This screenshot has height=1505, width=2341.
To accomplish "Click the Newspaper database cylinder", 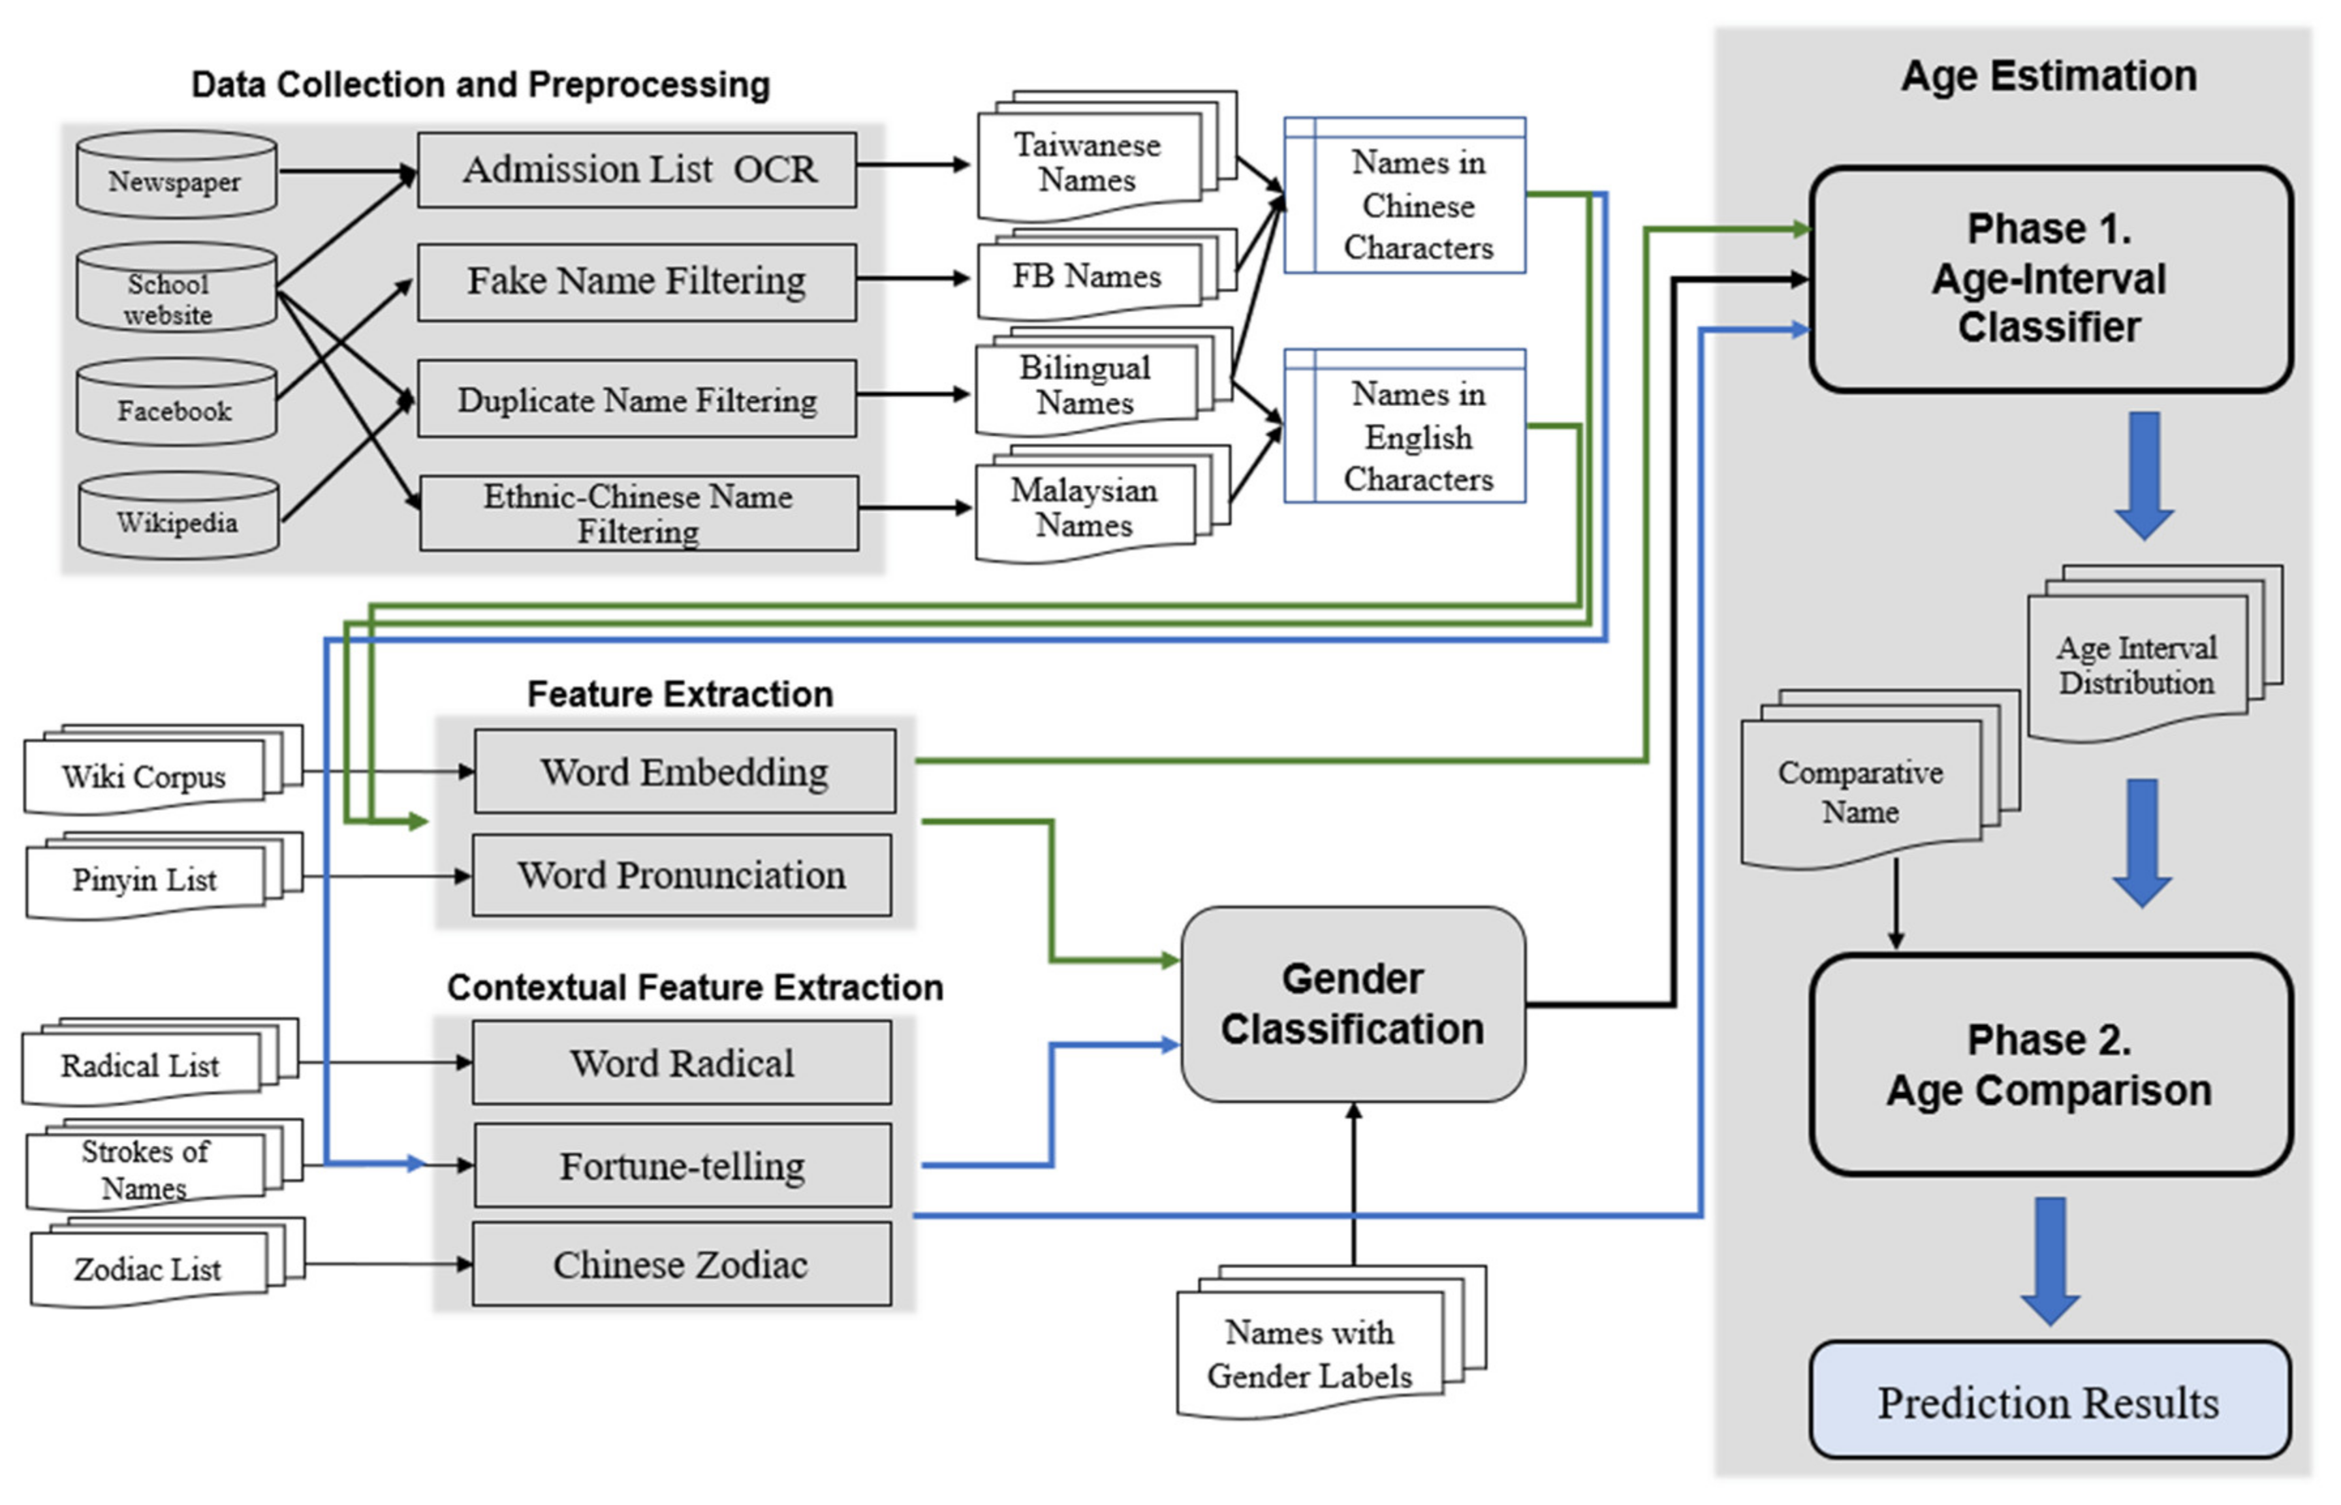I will [176, 176].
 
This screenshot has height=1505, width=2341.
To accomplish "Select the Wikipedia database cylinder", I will [178, 518].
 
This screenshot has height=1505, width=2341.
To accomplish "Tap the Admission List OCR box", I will [637, 170].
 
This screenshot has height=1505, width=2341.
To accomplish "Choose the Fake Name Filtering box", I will [637, 281].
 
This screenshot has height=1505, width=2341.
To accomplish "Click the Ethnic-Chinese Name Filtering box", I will [639, 513].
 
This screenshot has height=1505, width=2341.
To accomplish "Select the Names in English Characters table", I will [1405, 426].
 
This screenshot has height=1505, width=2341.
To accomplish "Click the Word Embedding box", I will [684, 771].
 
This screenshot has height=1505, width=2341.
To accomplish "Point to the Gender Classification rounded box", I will [1353, 1005].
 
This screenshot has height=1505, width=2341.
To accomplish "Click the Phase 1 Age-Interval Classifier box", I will [2050, 279].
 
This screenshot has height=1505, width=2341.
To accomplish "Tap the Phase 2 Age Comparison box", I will [2050, 1065].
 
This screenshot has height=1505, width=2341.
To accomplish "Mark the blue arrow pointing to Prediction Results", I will [2050, 1261].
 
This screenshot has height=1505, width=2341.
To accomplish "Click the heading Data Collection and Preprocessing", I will [480, 85].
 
